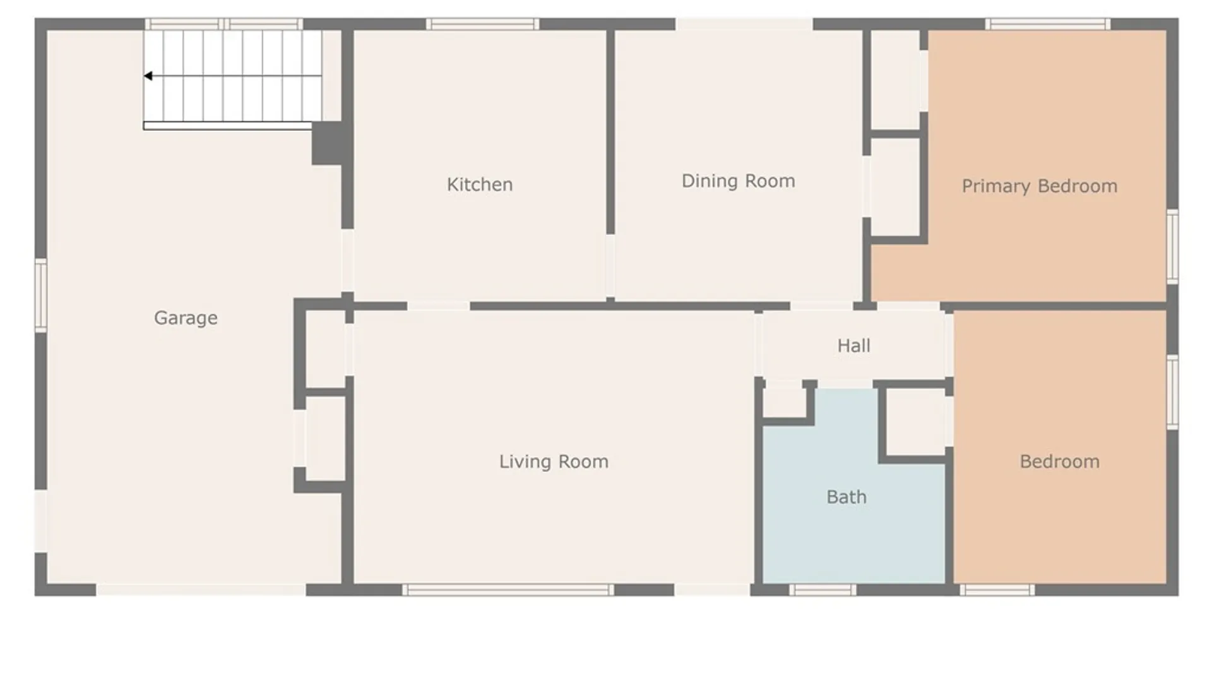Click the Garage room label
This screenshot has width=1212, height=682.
point(186,318)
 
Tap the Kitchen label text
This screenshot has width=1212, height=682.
point(480,184)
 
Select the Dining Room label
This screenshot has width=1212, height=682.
point(738,181)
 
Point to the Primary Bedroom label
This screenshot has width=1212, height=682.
point(1039,186)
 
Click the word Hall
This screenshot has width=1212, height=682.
point(853,346)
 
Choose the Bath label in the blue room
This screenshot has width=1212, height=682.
point(847,497)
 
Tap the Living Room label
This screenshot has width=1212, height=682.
point(554,462)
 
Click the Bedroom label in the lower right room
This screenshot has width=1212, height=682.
point(1059,462)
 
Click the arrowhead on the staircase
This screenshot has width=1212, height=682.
point(148,76)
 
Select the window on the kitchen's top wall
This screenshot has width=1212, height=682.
point(482,25)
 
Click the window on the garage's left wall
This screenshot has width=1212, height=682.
point(41,295)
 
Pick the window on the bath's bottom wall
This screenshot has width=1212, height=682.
point(823,590)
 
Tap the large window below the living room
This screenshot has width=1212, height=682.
point(508,590)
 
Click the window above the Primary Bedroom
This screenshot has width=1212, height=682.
point(1048,25)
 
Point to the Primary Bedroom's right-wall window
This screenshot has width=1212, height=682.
point(1172,246)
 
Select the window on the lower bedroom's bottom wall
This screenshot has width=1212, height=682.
point(997,590)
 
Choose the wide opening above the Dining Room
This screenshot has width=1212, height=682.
point(744,25)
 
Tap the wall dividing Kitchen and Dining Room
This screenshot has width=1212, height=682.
point(610,133)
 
